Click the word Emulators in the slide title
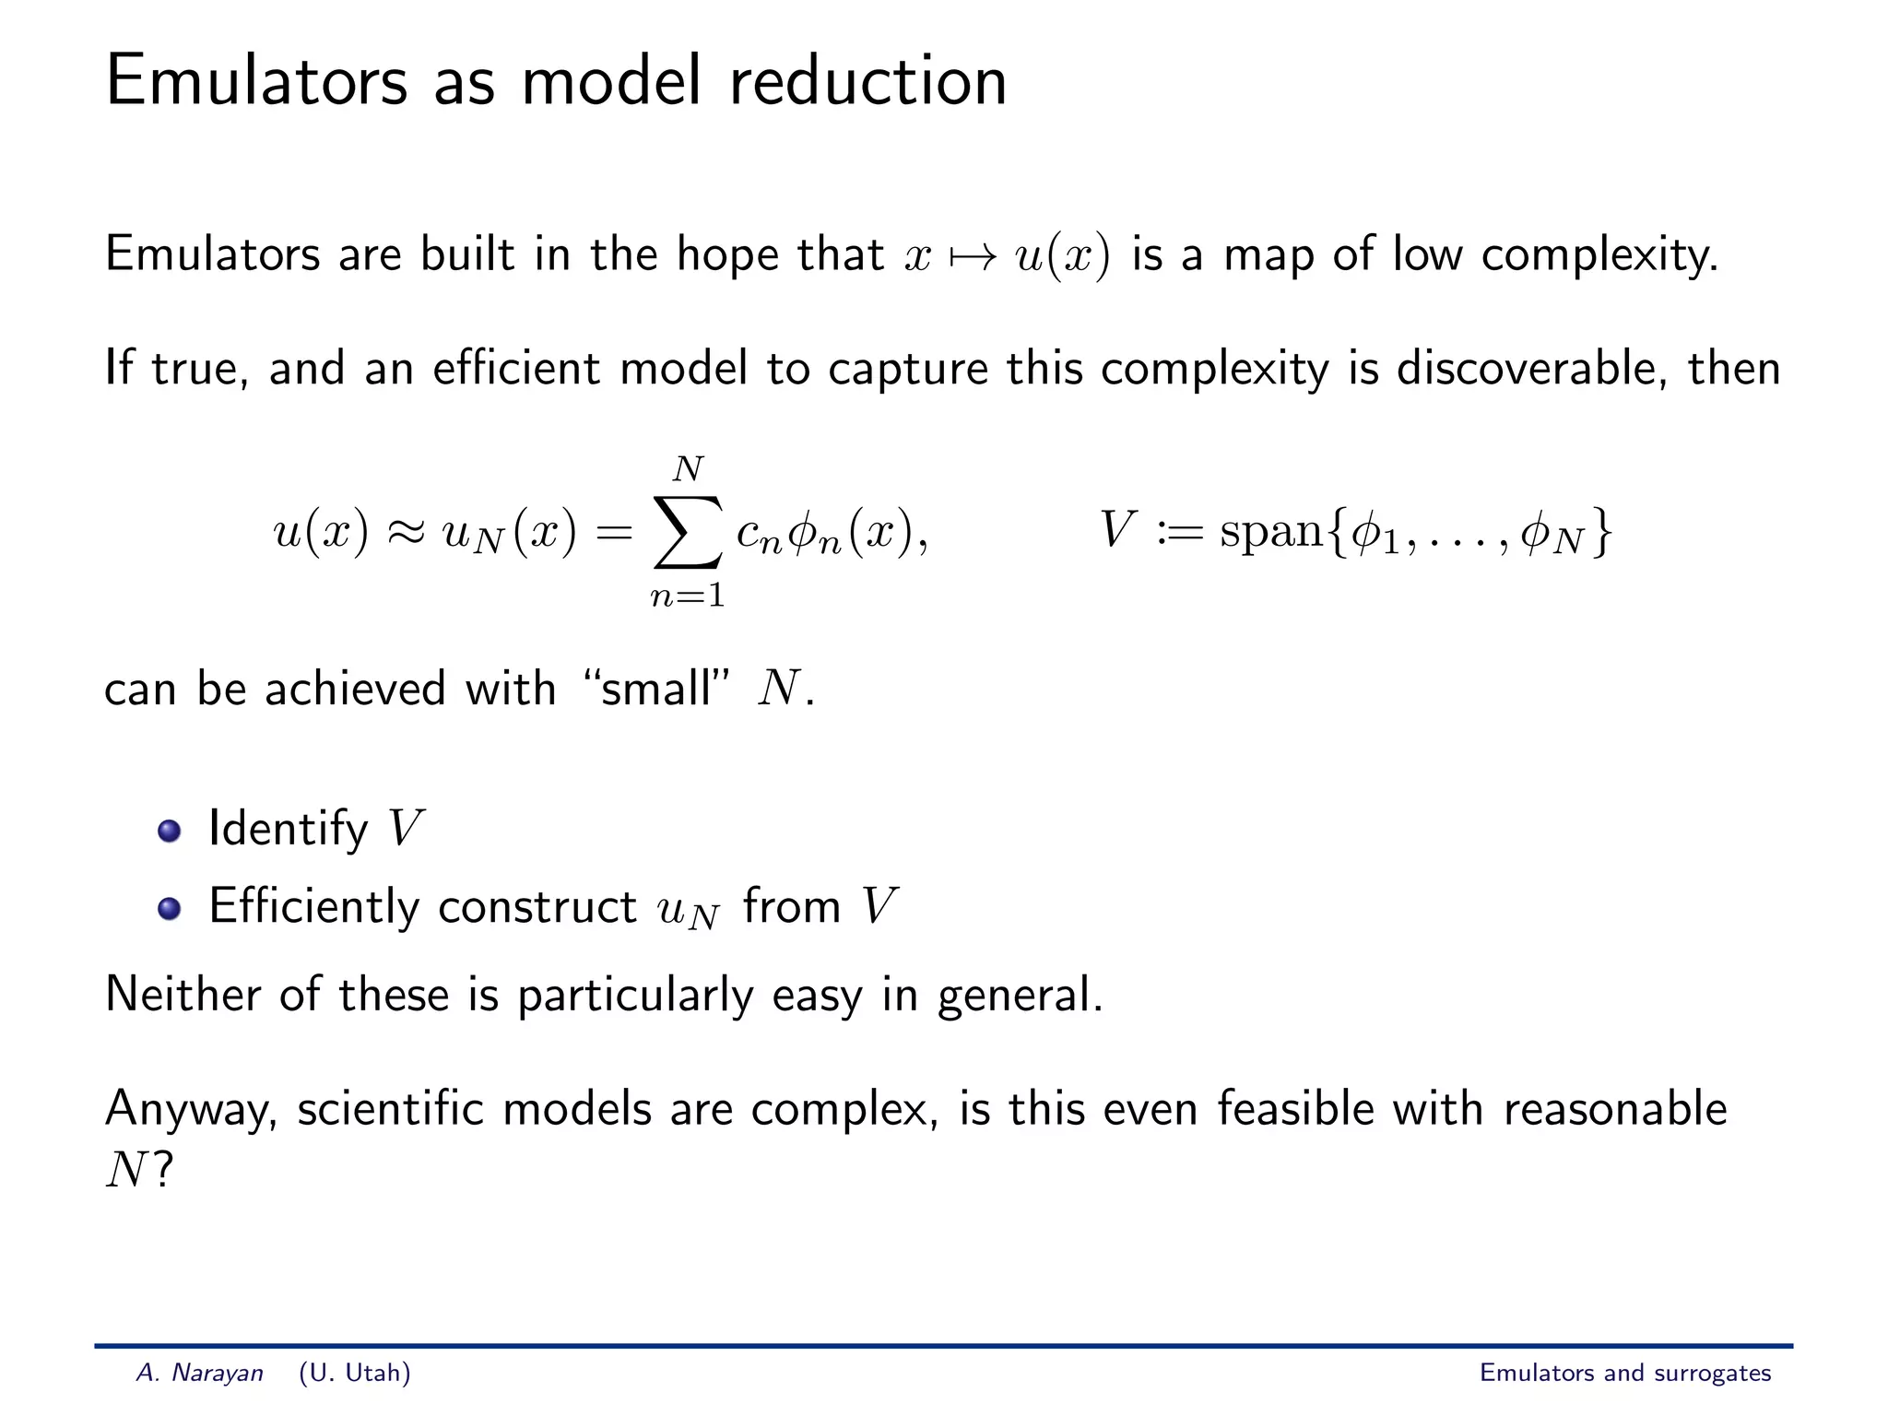click(x=256, y=82)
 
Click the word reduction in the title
click(x=867, y=82)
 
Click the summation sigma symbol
click(x=688, y=533)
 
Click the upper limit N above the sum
click(x=688, y=470)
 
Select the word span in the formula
click(x=1271, y=532)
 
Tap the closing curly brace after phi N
click(x=1602, y=533)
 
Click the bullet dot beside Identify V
click(x=169, y=831)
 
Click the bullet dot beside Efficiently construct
click(x=169, y=909)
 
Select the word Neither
click(x=183, y=995)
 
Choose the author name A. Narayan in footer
click(x=200, y=1373)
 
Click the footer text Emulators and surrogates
click(x=1624, y=1373)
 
